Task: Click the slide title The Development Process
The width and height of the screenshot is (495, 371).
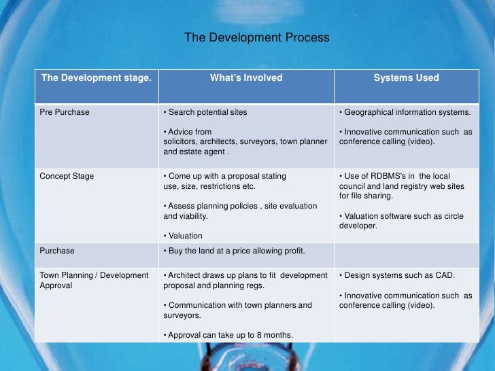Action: pos(256,38)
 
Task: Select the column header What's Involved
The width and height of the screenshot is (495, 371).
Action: pos(245,78)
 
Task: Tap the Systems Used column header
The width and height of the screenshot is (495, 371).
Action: pos(406,78)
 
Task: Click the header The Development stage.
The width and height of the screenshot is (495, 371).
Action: pos(96,78)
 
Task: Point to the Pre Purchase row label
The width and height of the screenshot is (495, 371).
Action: pos(65,112)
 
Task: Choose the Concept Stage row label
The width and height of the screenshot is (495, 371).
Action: pos(67,176)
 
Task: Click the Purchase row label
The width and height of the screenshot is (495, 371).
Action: pos(57,251)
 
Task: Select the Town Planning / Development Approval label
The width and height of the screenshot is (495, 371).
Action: pos(94,281)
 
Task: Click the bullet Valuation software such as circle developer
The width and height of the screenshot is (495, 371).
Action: pos(401,221)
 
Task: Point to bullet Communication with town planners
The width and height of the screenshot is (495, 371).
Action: pos(237,310)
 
